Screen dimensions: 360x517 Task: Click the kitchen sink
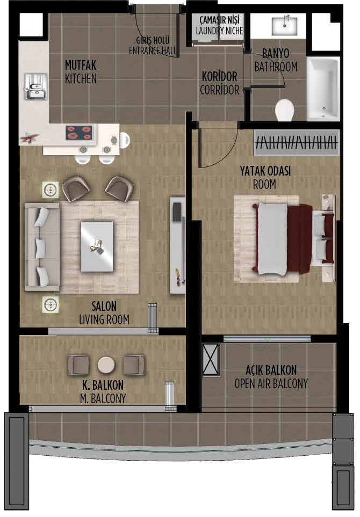click(x=35, y=87)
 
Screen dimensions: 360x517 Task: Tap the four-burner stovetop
click(x=79, y=133)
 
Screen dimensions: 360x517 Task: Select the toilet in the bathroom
click(x=284, y=110)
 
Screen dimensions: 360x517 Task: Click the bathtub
click(x=323, y=89)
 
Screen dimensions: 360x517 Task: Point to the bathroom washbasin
click(x=284, y=26)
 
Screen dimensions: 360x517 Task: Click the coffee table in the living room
click(x=97, y=246)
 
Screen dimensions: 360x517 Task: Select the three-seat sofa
click(x=42, y=247)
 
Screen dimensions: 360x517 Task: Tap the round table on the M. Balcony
click(x=106, y=365)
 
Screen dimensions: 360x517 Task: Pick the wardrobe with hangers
click(x=297, y=142)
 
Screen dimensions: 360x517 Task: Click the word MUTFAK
click(x=81, y=65)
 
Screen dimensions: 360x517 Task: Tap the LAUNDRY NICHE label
click(x=219, y=31)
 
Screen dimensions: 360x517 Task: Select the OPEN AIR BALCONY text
click(x=271, y=383)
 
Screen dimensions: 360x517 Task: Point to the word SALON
click(x=104, y=307)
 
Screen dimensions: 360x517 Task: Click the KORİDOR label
click(x=219, y=76)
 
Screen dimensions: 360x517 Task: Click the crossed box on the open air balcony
click(x=211, y=359)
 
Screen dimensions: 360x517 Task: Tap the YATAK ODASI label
click(x=265, y=171)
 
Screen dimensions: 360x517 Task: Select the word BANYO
click(x=276, y=53)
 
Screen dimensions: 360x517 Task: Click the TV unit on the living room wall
click(x=177, y=245)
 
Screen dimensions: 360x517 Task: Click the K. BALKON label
click(x=103, y=385)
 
